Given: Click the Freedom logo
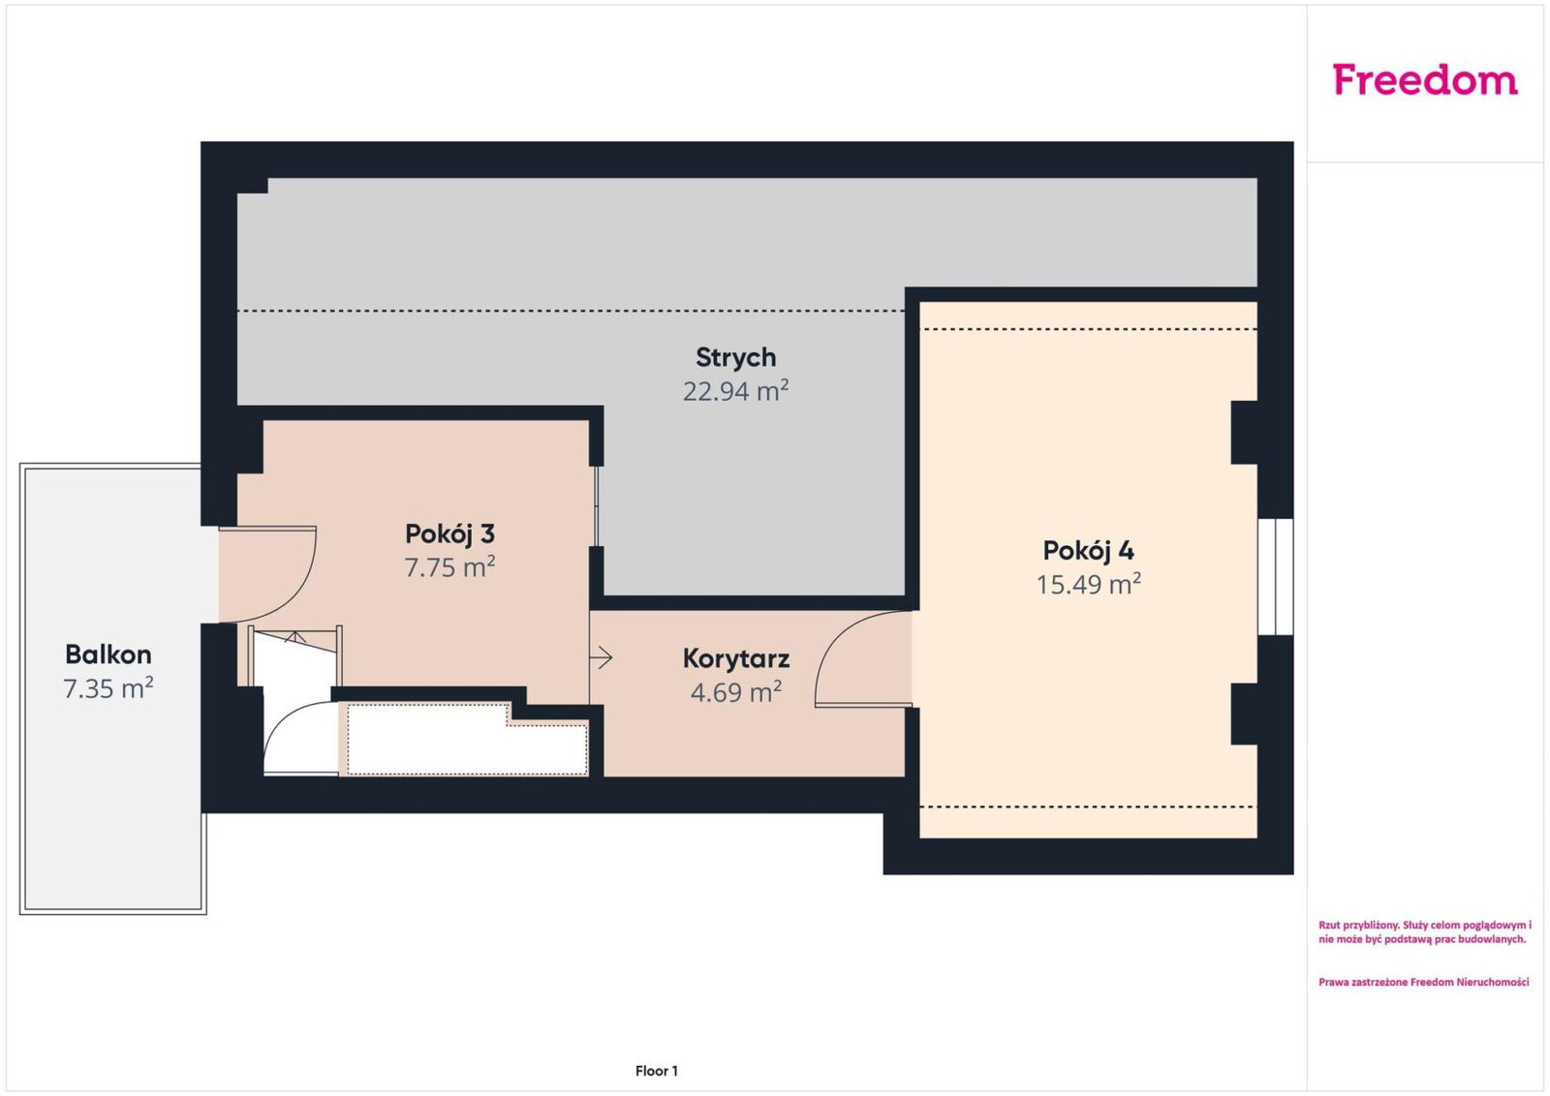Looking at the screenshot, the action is (1425, 79).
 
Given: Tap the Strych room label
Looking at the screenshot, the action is (735, 357).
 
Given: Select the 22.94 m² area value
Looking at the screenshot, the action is (735, 391).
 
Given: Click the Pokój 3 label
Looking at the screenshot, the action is (449, 533).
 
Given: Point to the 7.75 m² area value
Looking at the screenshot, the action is (449, 567).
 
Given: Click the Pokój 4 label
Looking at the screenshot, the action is (1089, 550).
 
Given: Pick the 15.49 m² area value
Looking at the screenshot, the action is (1089, 584).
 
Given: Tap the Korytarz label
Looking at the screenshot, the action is (736, 659).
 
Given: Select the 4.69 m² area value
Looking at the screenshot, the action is (736, 692).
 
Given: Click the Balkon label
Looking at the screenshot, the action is (108, 655).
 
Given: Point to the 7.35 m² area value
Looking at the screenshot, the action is (108, 688).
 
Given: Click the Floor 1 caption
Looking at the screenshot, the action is (657, 1071).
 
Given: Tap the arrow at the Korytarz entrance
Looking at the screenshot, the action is (602, 657).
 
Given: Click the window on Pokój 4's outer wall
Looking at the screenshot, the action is (1275, 577).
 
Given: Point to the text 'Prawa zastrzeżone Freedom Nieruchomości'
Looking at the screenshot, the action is (1423, 982).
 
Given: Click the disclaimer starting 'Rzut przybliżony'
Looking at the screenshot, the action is (1424, 932).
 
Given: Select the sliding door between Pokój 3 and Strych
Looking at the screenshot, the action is (596, 506).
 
